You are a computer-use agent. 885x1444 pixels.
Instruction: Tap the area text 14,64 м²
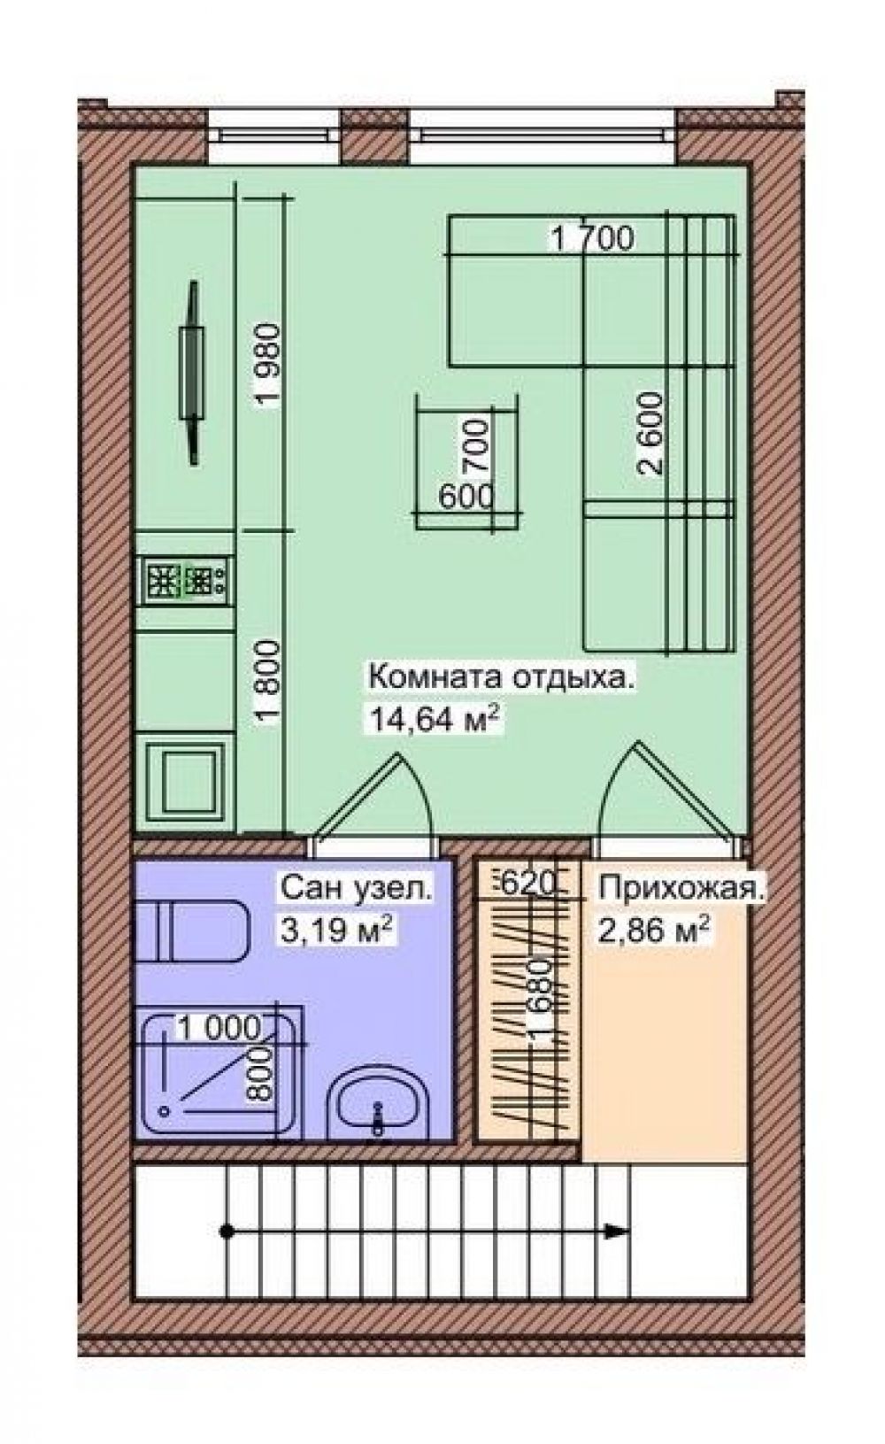coord(433,718)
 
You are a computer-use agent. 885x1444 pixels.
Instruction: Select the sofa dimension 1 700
coord(592,239)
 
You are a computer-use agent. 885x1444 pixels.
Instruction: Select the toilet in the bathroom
coord(191,933)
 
